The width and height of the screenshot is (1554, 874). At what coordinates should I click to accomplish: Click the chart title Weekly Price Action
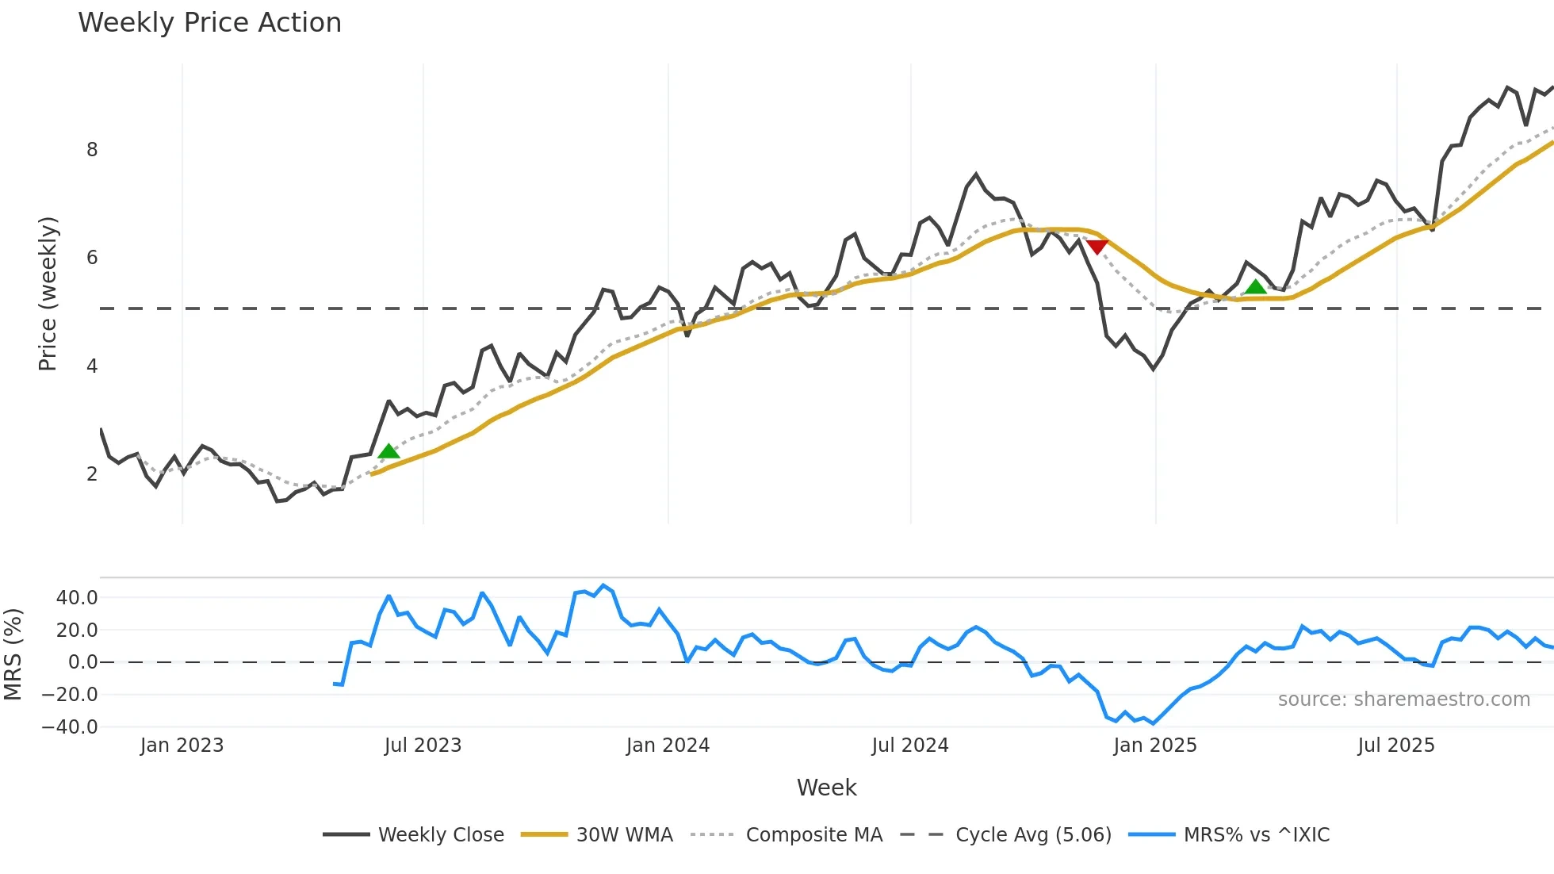click(x=209, y=23)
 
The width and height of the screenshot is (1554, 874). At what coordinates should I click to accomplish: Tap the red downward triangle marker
click(x=1097, y=247)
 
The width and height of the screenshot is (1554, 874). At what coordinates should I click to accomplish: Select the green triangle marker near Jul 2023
click(x=388, y=452)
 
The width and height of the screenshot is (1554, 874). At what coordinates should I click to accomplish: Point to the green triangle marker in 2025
click(x=1256, y=287)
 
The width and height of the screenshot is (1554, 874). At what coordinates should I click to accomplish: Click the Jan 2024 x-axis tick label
click(x=668, y=746)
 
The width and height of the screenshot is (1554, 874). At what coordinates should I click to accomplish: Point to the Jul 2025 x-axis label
click(x=1395, y=746)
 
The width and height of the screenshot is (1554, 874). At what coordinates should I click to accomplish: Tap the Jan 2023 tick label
click(x=182, y=746)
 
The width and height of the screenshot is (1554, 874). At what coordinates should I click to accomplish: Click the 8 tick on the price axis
click(x=92, y=150)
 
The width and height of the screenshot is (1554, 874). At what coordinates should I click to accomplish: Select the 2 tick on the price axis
click(x=92, y=474)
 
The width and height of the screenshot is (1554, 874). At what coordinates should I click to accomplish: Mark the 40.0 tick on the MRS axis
click(x=77, y=598)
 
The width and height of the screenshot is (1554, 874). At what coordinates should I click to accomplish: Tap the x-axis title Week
click(x=826, y=788)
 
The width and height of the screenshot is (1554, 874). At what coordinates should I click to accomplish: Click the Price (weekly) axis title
click(x=48, y=293)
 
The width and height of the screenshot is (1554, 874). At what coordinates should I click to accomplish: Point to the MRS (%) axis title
click(x=13, y=654)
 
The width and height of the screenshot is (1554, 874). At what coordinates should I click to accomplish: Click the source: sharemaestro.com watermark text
click(x=1403, y=700)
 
